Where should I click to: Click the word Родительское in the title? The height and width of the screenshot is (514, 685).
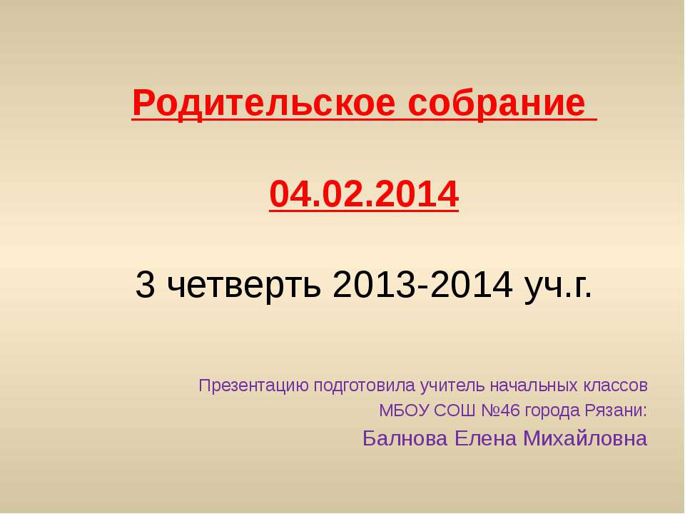click(263, 104)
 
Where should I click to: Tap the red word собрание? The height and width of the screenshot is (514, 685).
click(497, 103)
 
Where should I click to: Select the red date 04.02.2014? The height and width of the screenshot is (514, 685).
click(364, 193)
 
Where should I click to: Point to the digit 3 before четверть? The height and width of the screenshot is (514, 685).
click(145, 284)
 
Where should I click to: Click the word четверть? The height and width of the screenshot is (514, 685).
click(244, 285)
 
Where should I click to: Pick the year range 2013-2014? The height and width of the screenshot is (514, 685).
click(422, 284)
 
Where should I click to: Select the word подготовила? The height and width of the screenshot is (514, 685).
click(365, 386)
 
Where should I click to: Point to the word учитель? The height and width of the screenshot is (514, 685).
click(452, 386)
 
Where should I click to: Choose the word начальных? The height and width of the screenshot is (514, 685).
click(534, 386)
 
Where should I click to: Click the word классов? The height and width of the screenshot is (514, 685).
click(614, 386)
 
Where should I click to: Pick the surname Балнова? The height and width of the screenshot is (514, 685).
click(405, 438)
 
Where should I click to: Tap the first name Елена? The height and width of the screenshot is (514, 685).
click(485, 438)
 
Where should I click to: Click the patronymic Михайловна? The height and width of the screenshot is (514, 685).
click(585, 438)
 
